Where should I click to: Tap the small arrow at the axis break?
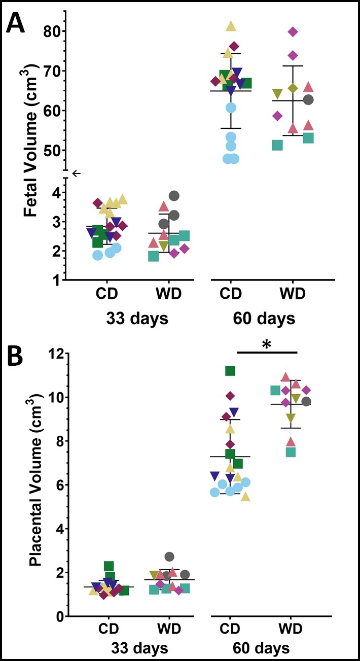(x=76, y=173)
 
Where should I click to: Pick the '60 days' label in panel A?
(x=264, y=319)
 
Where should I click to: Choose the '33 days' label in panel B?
(x=138, y=648)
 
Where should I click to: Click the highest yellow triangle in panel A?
(x=231, y=26)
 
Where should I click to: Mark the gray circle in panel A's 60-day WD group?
(x=308, y=100)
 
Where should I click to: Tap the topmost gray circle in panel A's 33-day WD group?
(x=174, y=196)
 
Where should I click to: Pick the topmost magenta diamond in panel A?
(x=293, y=32)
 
